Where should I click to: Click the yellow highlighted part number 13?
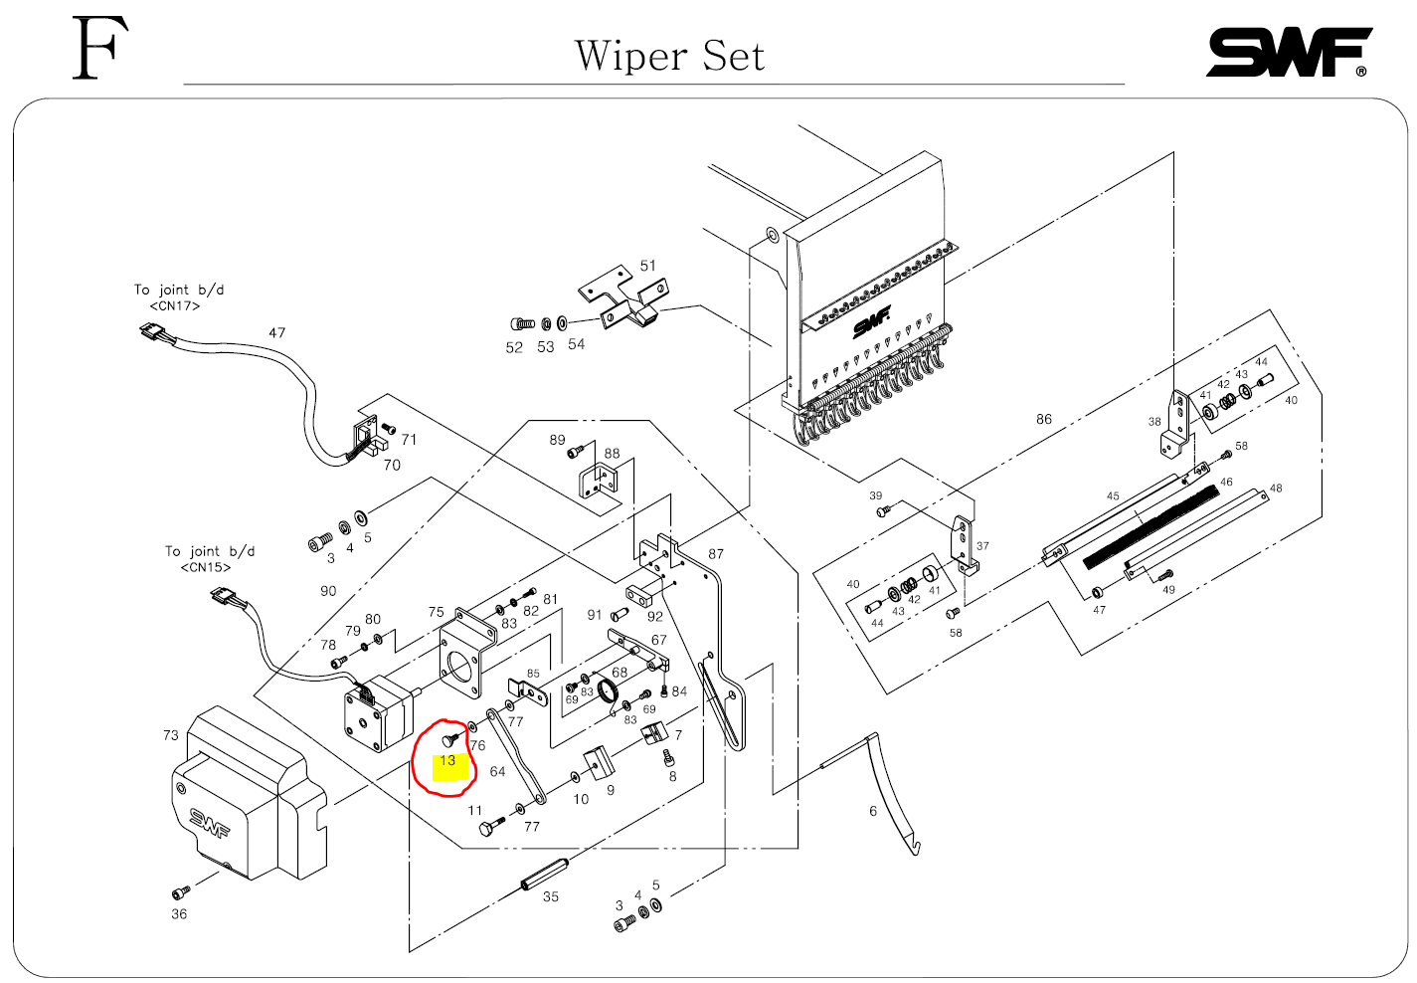point(447,761)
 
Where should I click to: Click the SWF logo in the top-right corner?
point(1288,53)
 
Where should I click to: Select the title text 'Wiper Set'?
point(669,57)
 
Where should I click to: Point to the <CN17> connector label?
point(175,306)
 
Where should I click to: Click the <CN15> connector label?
point(206,568)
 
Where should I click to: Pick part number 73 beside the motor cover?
point(171,735)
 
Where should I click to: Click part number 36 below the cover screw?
point(179,914)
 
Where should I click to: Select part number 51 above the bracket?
point(648,266)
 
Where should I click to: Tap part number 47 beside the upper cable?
point(277,333)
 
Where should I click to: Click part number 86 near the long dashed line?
point(1043,420)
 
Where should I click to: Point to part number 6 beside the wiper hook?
point(873,812)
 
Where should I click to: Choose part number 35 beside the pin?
point(551,897)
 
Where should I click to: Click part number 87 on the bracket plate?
point(716,554)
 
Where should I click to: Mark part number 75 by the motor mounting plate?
point(437,613)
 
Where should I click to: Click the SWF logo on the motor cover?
point(210,823)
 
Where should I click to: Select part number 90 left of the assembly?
point(328,591)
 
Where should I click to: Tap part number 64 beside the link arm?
point(497,772)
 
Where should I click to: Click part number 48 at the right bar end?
point(1276,489)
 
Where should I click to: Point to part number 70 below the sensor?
point(392,466)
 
